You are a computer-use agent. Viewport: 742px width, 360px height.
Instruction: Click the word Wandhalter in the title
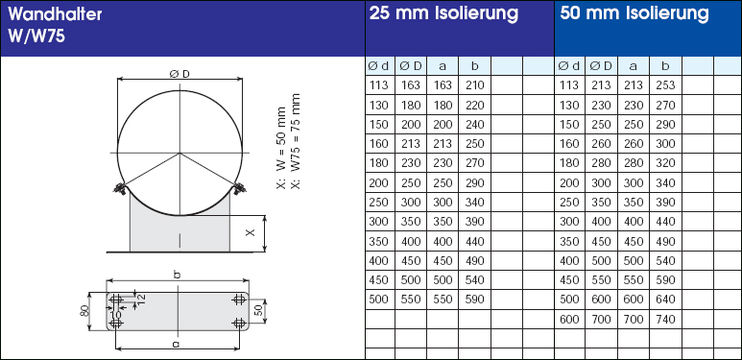[55, 14]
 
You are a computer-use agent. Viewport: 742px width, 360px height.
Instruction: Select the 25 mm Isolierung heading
[443, 13]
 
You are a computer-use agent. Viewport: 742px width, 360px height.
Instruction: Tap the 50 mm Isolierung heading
[634, 13]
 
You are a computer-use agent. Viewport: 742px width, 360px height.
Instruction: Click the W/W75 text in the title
[36, 36]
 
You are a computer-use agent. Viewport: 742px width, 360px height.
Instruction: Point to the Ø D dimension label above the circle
[180, 73]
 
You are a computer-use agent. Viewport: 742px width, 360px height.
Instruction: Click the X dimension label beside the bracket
[251, 232]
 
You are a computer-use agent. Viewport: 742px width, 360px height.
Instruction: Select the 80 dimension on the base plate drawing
[86, 311]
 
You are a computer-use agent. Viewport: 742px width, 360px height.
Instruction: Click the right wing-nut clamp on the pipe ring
[239, 188]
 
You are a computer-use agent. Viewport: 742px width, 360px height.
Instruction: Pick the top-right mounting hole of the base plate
[239, 299]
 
